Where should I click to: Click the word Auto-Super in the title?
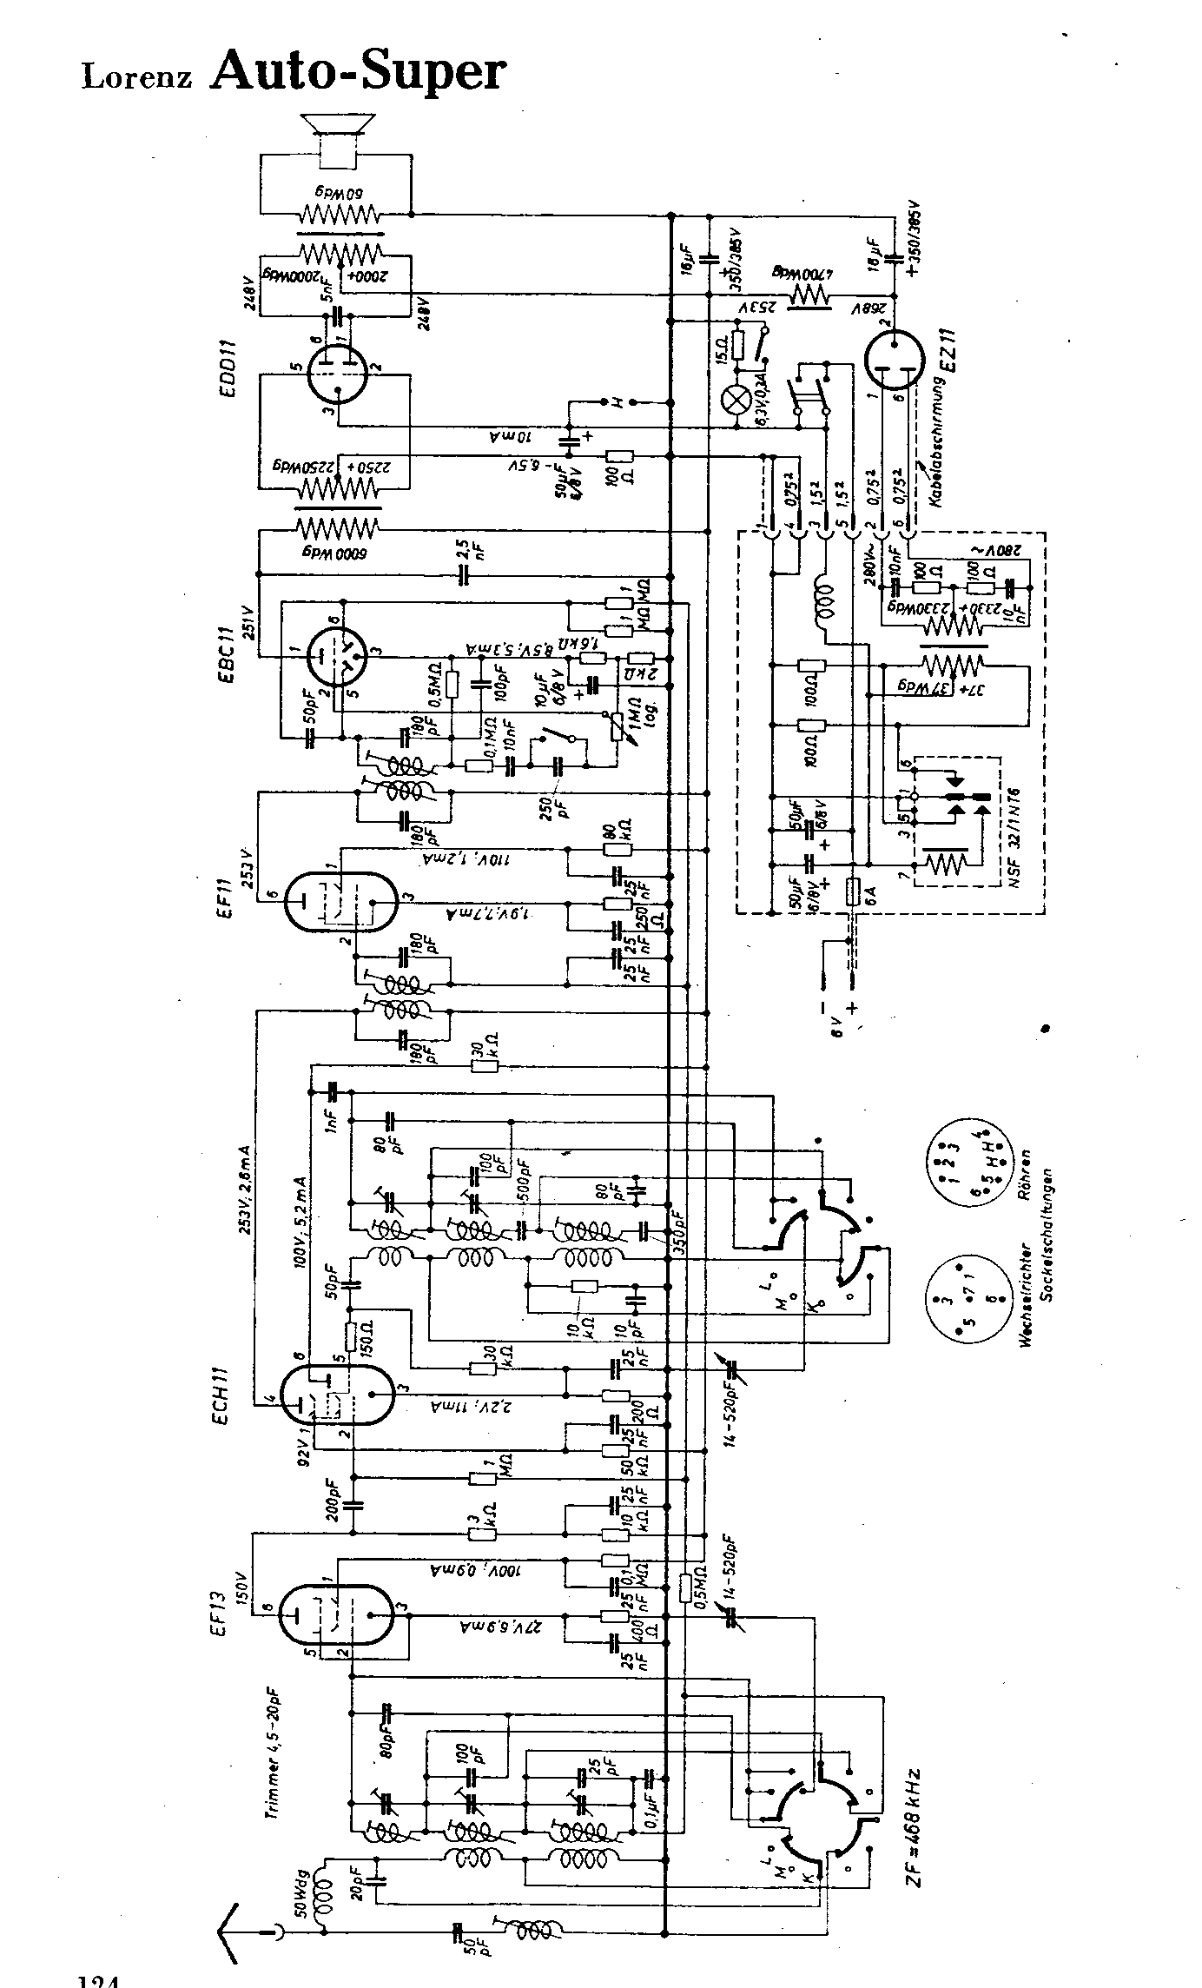click(357, 70)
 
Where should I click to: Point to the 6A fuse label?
click(855, 924)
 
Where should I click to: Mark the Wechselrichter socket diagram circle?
click(961, 1321)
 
